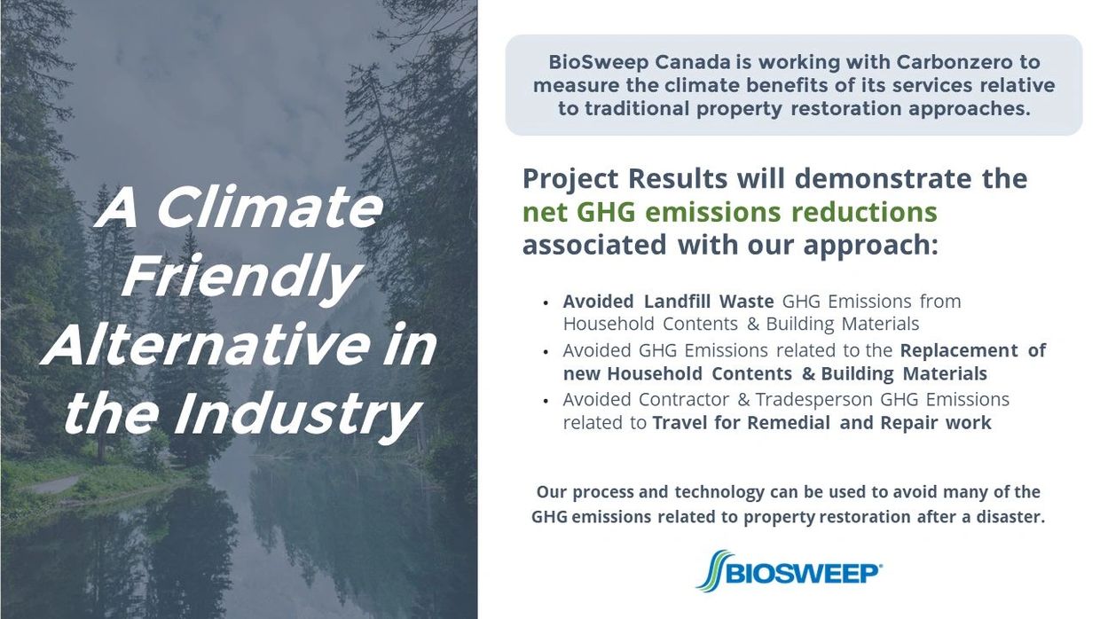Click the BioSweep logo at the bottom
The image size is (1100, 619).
point(789,571)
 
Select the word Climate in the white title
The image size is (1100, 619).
point(270,208)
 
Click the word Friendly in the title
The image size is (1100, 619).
point(241,277)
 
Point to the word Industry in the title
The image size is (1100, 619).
point(296,414)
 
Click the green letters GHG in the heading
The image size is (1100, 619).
point(606,213)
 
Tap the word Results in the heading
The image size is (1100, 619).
point(678,178)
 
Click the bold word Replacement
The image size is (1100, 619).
point(959,350)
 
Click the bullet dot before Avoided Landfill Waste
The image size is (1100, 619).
point(546,303)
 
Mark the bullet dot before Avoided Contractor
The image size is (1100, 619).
point(546,402)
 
